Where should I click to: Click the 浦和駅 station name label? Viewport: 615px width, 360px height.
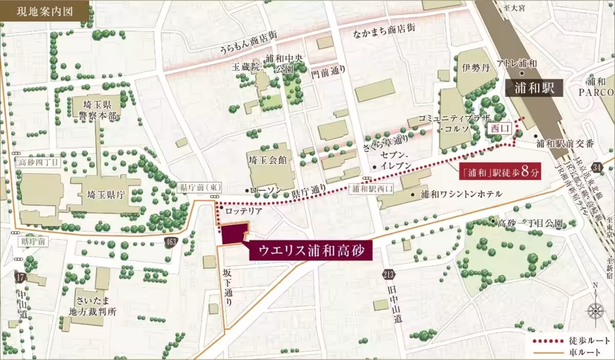click(534, 88)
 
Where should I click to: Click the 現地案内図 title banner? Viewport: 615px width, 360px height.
click(44, 10)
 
